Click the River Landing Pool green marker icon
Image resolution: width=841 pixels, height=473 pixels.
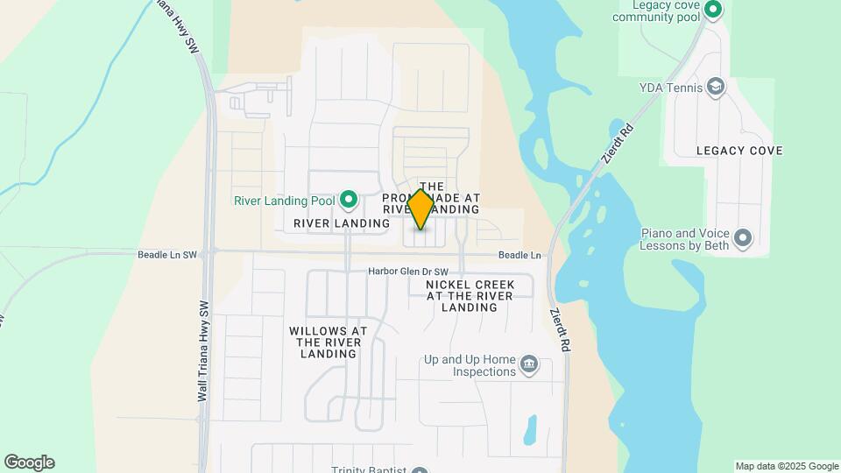(x=349, y=201)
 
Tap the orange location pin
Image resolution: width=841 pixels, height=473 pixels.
(x=420, y=209)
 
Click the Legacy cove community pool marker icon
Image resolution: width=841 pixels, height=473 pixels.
(x=713, y=11)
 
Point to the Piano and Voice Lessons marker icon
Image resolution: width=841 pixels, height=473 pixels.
(x=743, y=237)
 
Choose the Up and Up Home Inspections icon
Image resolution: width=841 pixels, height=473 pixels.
(x=528, y=364)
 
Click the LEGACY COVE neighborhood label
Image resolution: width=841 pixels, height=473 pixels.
(x=739, y=151)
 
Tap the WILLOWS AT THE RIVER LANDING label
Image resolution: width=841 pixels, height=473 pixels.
(x=328, y=342)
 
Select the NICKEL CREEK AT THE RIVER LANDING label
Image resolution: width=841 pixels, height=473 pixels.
(x=470, y=296)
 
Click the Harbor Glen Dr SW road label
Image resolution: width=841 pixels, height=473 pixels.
(x=407, y=272)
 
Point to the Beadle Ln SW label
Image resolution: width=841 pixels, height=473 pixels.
(x=167, y=255)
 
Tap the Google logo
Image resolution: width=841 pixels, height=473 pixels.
(x=29, y=462)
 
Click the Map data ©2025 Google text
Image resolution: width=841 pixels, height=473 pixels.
(x=787, y=466)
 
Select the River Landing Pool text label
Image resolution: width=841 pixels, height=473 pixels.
(x=284, y=201)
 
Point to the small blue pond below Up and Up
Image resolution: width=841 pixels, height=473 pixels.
(x=530, y=430)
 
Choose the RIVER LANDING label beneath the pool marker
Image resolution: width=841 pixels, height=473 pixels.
(x=342, y=223)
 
